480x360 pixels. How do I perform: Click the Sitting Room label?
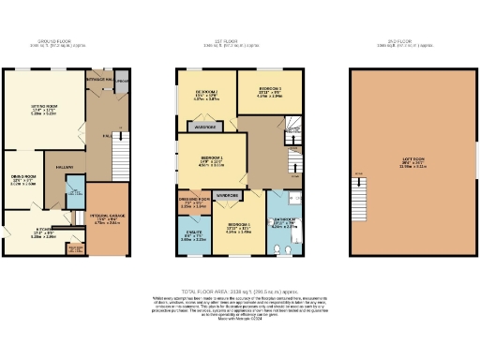37,110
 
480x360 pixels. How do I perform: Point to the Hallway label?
64,167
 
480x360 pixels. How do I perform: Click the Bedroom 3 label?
260,91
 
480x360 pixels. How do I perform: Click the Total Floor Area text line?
241,292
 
